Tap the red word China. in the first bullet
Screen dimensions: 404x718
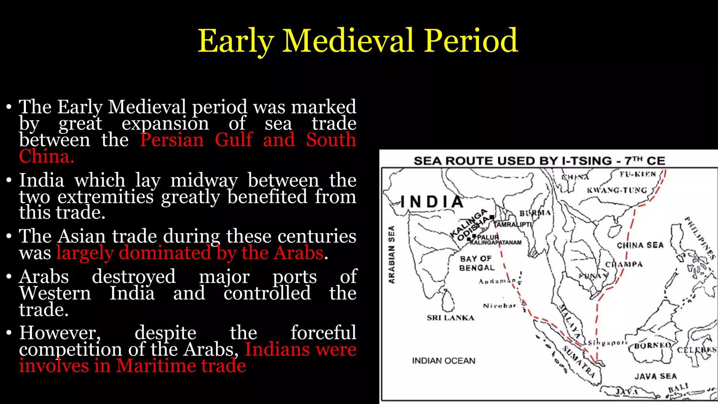[x=47, y=156]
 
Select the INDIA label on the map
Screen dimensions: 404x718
[x=432, y=202]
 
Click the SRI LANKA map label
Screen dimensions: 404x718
[x=451, y=318]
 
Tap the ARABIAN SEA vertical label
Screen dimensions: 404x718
[x=392, y=254]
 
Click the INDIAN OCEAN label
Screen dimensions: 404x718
[x=443, y=361]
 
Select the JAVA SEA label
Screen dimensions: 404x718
[x=655, y=376]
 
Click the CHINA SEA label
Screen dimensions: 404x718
[x=640, y=245]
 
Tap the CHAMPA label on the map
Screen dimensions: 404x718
[x=624, y=264]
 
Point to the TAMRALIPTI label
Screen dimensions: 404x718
[x=513, y=224]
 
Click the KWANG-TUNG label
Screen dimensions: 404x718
[x=617, y=190]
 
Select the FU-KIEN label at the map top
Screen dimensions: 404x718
[x=637, y=174]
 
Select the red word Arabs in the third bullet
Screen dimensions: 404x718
[x=298, y=253]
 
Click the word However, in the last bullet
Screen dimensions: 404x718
[x=60, y=333]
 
